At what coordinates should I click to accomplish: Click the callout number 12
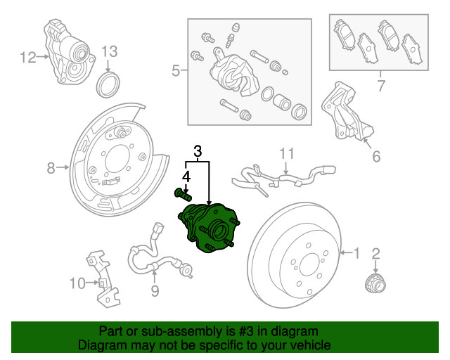pos(27,58)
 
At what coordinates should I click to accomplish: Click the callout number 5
pos(175,70)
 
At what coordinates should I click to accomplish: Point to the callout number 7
pos(380,86)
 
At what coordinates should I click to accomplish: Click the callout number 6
pos(376,156)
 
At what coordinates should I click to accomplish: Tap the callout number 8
pos(51,167)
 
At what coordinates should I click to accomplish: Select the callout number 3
pos(198,150)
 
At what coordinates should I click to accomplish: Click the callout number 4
pos(187,176)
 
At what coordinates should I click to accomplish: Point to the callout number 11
pos(287,153)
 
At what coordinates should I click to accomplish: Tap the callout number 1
pos(356,252)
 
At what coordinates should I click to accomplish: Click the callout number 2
pos(375,254)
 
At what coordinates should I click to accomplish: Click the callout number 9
pos(154,290)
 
